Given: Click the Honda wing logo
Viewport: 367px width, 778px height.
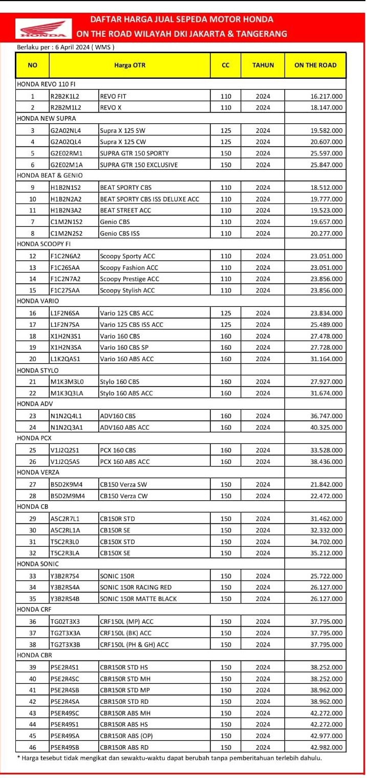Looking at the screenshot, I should coord(44,29).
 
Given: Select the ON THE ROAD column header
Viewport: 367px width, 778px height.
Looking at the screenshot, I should coord(315,65).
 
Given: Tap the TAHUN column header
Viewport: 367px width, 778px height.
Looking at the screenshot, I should coord(263,65).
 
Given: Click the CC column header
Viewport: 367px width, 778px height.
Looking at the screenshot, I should coord(226,65).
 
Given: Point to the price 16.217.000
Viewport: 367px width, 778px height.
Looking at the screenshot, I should coord(327,96).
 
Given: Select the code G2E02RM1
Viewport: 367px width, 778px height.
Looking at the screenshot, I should coord(67,153).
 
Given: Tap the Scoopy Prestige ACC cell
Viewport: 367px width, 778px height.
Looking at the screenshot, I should coord(129,279).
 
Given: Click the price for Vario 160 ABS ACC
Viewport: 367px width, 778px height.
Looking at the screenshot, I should coord(327,359).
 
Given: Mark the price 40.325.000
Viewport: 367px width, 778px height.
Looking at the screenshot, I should coord(327,427).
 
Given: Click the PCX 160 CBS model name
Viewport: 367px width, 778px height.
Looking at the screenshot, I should coord(118,450).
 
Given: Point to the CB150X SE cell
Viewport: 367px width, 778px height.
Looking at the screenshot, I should coord(115,553).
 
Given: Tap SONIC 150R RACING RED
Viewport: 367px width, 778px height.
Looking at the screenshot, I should coord(136,587).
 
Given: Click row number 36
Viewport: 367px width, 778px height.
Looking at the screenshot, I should coord(33,621).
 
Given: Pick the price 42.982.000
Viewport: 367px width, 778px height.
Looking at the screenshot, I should coord(327,747).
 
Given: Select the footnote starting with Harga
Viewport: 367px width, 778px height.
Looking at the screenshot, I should coord(169,758).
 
